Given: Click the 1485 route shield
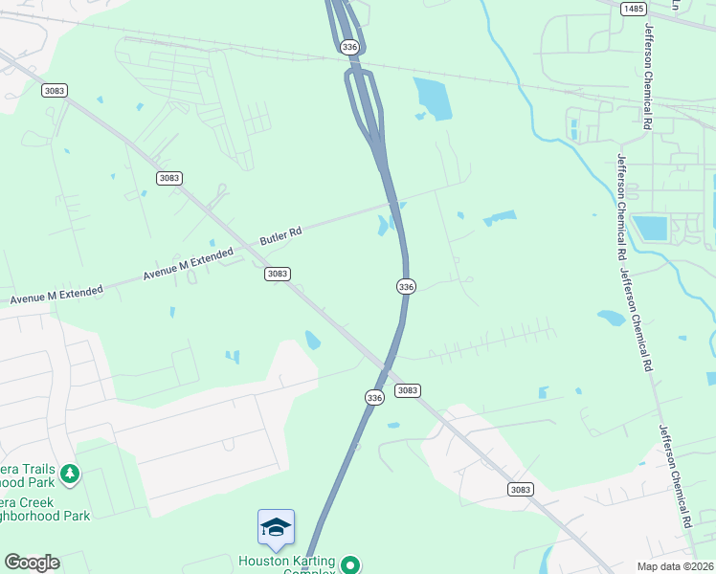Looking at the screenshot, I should [x=633, y=9].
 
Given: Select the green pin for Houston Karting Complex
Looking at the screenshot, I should [x=351, y=564].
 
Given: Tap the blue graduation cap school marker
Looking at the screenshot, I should [x=276, y=527].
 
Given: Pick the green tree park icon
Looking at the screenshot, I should [x=69, y=474].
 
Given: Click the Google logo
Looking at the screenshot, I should [x=32, y=563].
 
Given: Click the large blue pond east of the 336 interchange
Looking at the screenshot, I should [x=433, y=99].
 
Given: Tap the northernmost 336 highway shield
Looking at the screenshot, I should [x=349, y=46].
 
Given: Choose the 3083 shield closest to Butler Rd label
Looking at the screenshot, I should [x=277, y=274].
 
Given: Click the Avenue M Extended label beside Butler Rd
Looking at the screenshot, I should [x=188, y=263].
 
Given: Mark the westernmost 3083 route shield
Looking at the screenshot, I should [x=55, y=90].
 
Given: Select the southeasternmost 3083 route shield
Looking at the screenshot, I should [x=520, y=489].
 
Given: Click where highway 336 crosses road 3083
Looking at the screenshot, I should [x=385, y=366].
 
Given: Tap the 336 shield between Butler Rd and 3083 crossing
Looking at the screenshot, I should [x=406, y=286].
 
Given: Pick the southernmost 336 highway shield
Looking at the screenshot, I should [x=374, y=396].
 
